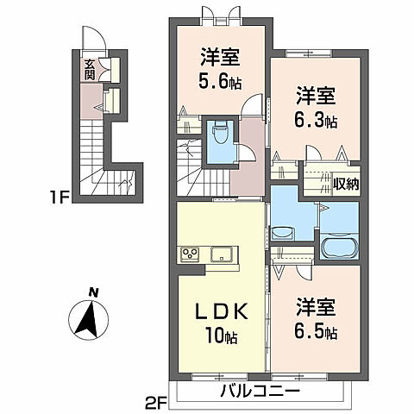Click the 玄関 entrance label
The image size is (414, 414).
pyautogui.click(x=90, y=68)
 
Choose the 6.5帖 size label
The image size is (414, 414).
pyautogui.click(x=315, y=330)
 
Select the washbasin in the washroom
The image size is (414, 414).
pyautogui.click(x=283, y=233)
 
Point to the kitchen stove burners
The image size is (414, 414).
pyautogui.click(x=190, y=254)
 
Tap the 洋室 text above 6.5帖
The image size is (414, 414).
pyautogui.click(x=315, y=306)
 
